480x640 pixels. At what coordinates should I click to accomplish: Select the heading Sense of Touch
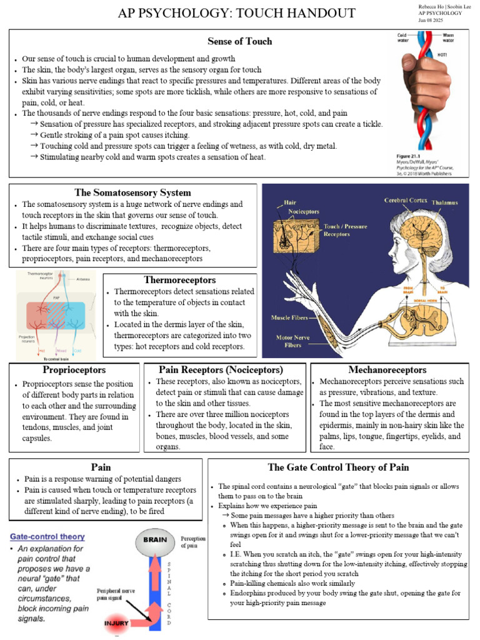(240, 41)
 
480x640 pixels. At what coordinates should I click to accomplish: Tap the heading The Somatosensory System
(132, 192)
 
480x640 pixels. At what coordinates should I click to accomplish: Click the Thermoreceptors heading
(180, 280)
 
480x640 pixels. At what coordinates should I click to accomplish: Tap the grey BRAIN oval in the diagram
(154, 539)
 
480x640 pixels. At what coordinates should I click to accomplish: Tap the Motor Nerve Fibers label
(293, 341)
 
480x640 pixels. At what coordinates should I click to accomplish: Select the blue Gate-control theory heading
(47, 536)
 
